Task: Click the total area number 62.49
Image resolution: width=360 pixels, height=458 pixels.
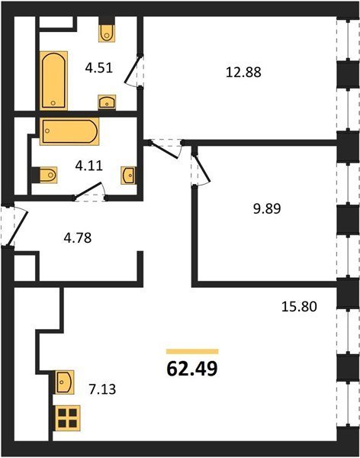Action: point(192,369)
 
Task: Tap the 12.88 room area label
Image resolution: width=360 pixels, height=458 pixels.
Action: point(243,73)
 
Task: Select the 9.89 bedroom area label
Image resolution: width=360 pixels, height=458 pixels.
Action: point(267,209)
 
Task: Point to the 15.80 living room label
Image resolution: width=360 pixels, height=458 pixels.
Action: point(299,307)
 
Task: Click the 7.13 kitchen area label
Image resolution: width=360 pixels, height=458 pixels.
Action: point(102,389)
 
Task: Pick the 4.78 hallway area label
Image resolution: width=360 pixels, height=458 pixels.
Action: point(78,237)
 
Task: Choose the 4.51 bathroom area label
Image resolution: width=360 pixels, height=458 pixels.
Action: point(98,69)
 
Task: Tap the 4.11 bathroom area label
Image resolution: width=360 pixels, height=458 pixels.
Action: point(89,166)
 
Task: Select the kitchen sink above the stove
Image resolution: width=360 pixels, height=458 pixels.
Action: point(65,382)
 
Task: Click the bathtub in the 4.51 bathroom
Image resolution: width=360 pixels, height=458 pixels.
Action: point(53,81)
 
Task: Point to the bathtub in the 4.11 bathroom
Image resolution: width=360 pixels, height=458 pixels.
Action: point(69,131)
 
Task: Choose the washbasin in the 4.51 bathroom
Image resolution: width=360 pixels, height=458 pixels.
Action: point(107,102)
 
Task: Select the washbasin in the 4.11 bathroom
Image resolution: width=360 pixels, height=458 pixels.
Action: point(129,176)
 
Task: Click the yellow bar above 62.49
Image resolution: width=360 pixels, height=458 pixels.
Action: point(192,351)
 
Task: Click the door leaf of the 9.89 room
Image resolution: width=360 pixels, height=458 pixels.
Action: point(202,168)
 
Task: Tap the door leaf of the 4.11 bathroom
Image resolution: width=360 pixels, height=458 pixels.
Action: point(88,190)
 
